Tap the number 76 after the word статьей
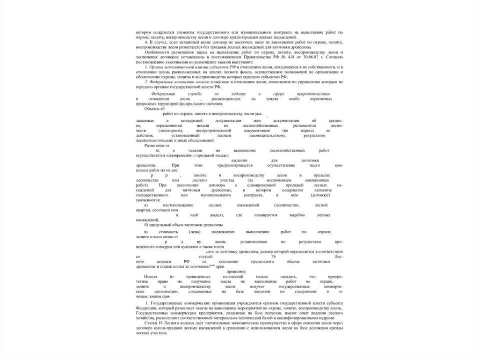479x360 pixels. pyautogui.click(x=273, y=257)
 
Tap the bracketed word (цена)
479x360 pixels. pyautogui.click(x=195, y=232)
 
